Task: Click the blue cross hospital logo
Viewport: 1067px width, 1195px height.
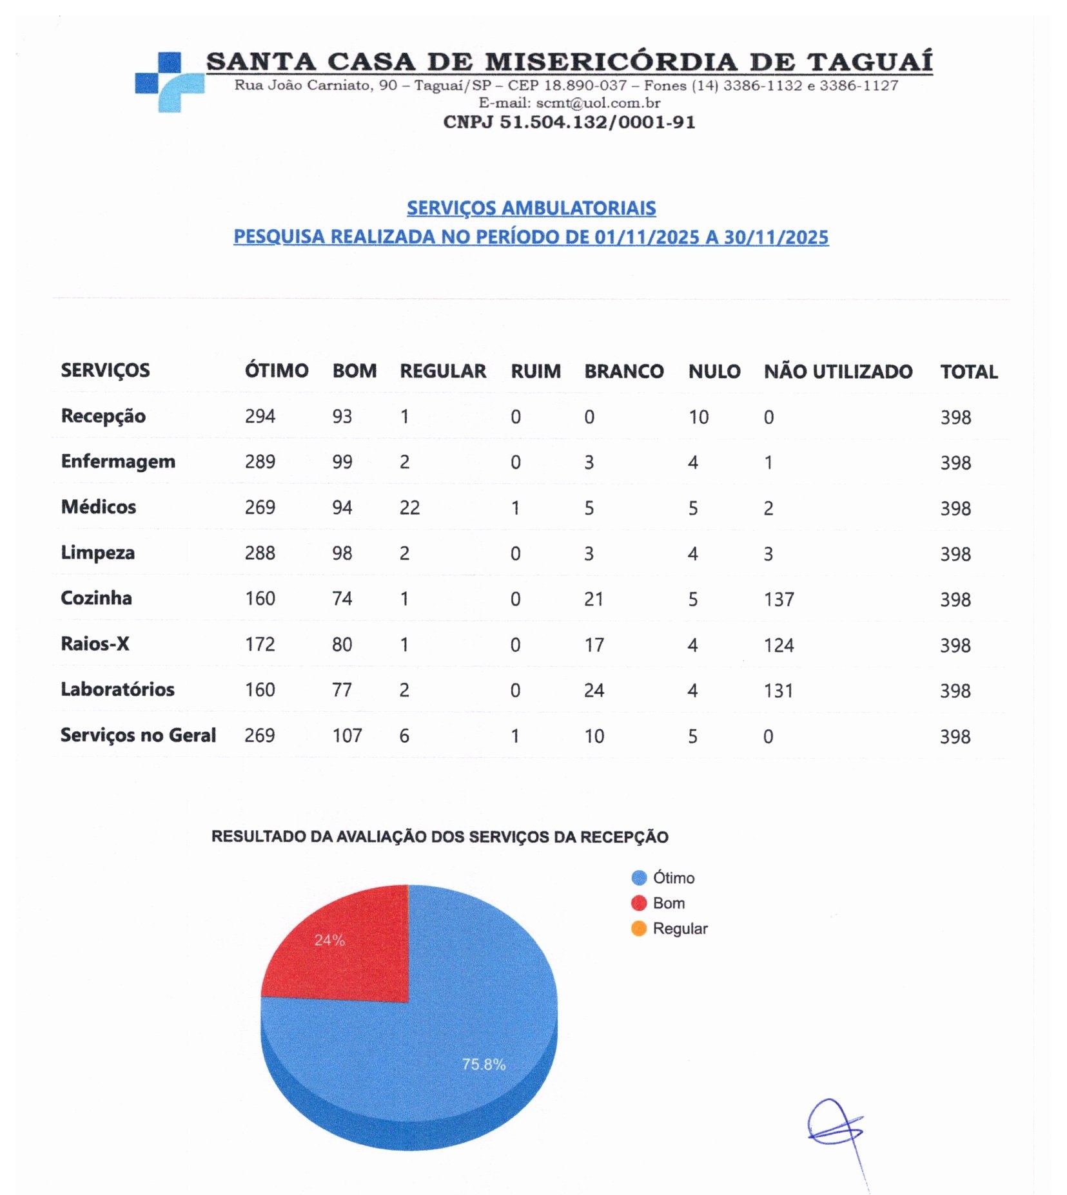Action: pyautogui.click(x=169, y=82)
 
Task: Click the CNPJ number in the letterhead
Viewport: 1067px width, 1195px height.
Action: pyautogui.click(x=569, y=122)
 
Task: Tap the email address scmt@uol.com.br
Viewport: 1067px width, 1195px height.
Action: pyautogui.click(x=598, y=103)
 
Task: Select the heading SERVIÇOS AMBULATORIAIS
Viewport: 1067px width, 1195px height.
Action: pyautogui.click(x=531, y=208)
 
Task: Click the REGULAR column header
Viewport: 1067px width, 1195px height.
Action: pyautogui.click(x=443, y=371)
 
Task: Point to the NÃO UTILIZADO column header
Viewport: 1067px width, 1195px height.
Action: pyautogui.click(x=838, y=372)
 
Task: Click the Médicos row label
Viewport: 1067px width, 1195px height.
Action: pyautogui.click(x=99, y=507)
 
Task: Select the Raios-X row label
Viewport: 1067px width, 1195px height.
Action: pyautogui.click(x=95, y=644)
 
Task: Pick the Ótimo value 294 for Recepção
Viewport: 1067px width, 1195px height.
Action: pyautogui.click(x=260, y=417)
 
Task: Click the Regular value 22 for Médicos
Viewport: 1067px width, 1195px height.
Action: pyautogui.click(x=409, y=508)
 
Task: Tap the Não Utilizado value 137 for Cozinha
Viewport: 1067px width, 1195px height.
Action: pyautogui.click(x=779, y=600)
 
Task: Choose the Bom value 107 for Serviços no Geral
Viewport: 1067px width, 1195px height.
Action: pyautogui.click(x=347, y=736)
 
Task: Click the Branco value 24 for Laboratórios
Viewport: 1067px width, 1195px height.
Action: pyautogui.click(x=594, y=691)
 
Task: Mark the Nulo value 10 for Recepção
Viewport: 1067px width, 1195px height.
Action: pyautogui.click(x=698, y=417)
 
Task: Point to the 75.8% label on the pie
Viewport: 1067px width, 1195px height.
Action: pyautogui.click(x=484, y=1064)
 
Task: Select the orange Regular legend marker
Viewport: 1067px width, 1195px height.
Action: pyautogui.click(x=638, y=928)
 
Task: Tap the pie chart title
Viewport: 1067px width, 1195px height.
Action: pyautogui.click(x=440, y=837)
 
